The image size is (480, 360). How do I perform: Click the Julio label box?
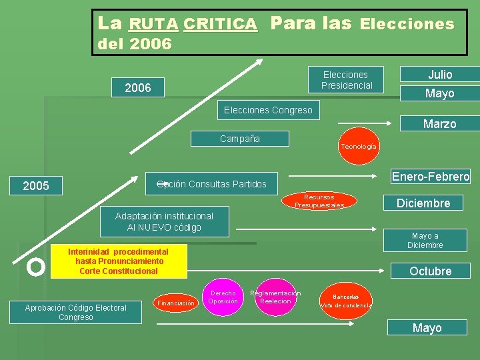pos(439,75)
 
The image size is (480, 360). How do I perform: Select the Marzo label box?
pos(439,123)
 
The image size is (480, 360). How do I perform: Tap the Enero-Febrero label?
pos(431,177)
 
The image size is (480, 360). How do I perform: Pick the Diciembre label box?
pos(423,203)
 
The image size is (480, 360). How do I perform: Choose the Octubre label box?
pos(430,271)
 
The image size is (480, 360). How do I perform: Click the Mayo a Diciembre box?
pos(425,240)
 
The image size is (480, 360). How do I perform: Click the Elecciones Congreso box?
pos(268,110)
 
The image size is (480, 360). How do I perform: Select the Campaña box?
pos(240,139)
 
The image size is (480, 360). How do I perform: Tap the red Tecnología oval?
pos(359,146)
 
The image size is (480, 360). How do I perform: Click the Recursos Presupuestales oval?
pos(319,201)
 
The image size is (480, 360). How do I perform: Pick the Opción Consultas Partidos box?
pos(211,184)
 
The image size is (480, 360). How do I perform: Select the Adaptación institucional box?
pos(164,221)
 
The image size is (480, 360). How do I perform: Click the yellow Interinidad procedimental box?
pos(118,261)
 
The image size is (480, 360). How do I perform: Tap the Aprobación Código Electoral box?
pos(75,312)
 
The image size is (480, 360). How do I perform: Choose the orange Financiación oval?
pos(176,303)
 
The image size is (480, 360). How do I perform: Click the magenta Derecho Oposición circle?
pos(223,297)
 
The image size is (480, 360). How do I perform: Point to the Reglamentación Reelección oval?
pos(275,297)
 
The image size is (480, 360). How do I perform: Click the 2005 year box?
pos(36,186)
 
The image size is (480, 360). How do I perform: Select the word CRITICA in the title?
pos(220,25)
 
